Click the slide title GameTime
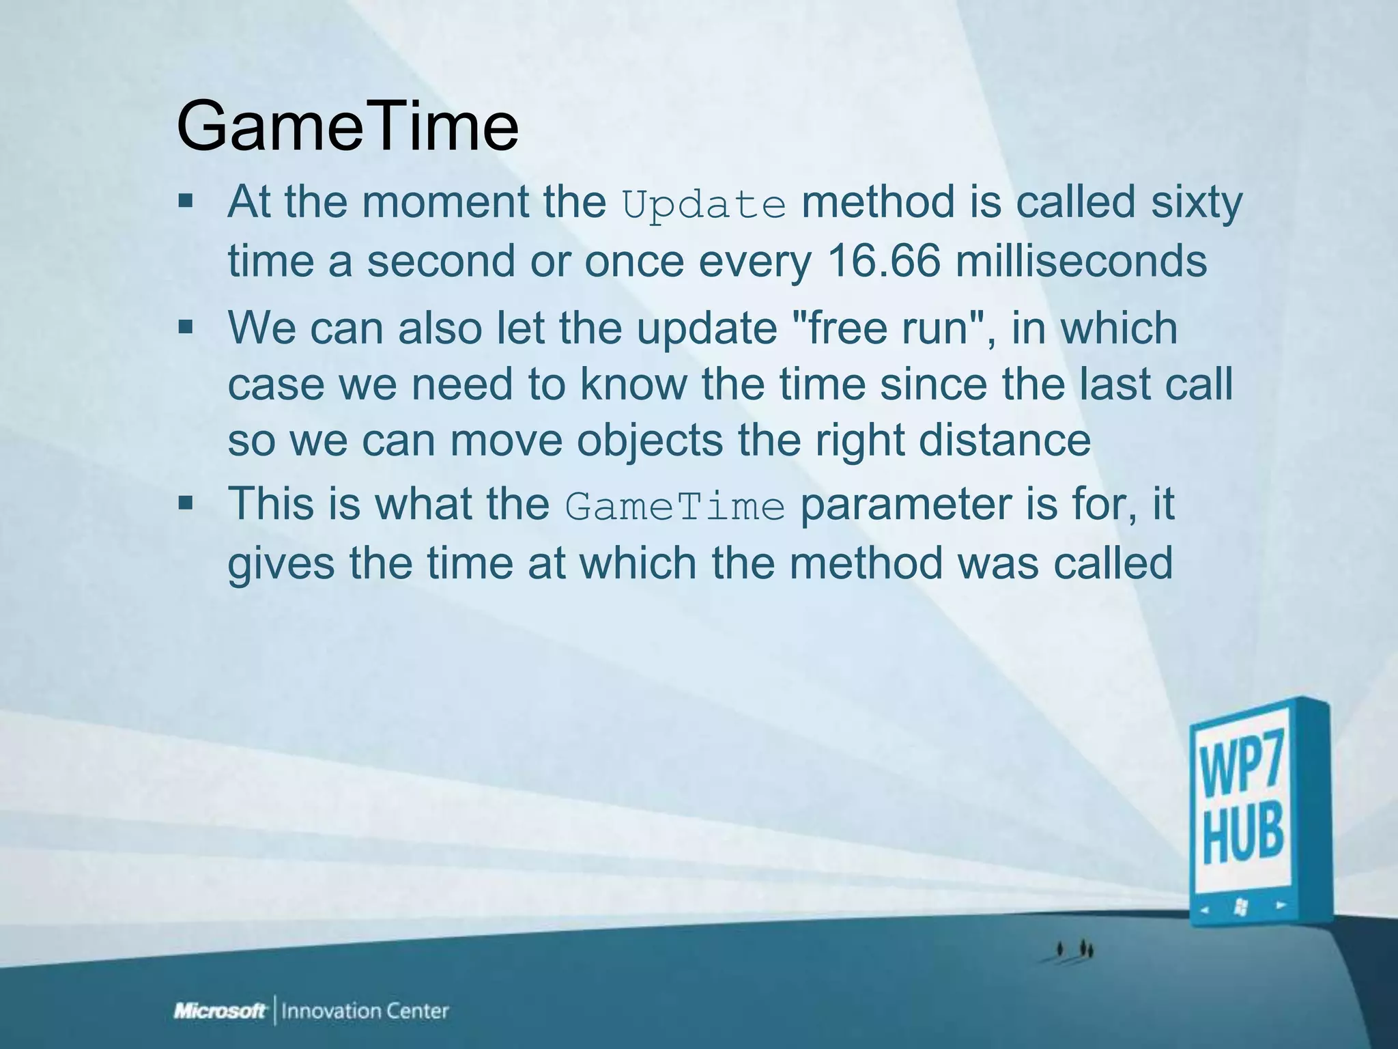coord(347,127)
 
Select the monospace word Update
coord(704,204)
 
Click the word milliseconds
coord(1081,261)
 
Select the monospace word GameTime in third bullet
coord(675,507)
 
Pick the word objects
coord(649,440)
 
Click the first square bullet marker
coord(186,202)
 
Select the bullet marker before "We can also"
coord(186,327)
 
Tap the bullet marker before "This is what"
coord(186,505)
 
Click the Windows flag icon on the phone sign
coord(1242,907)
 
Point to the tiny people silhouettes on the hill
coord(1075,949)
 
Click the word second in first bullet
coord(440,261)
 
